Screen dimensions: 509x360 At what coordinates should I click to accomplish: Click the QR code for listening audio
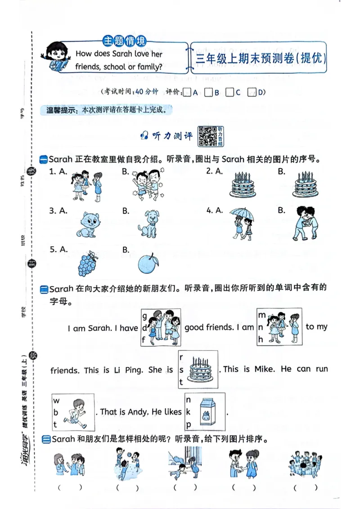[x=207, y=136]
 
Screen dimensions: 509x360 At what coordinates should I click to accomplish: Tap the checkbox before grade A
[x=188, y=93]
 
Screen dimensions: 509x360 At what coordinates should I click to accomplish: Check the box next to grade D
[x=252, y=93]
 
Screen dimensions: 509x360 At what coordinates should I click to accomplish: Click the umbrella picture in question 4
[x=242, y=222]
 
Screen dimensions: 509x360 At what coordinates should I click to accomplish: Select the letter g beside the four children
[x=144, y=316]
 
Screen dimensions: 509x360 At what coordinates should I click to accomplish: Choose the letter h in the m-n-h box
[x=261, y=339]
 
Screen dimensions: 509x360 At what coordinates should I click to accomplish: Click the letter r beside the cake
[x=181, y=358]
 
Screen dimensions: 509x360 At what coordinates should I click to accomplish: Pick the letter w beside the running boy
[x=56, y=400]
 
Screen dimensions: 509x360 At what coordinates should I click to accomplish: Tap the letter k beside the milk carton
[x=188, y=411]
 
